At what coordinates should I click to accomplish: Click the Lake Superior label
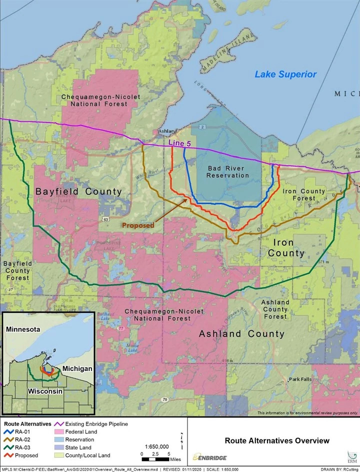(x=285, y=75)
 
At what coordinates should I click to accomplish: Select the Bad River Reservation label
(x=227, y=172)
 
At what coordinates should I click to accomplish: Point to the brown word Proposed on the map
(x=138, y=225)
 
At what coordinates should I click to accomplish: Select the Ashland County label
(x=241, y=334)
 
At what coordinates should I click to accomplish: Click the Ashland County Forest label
(x=275, y=309)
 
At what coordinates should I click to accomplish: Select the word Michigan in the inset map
(x=77, y=368)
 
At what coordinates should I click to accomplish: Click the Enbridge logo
(x=211, y=457)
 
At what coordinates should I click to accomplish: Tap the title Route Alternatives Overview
(x=277, y=440)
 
